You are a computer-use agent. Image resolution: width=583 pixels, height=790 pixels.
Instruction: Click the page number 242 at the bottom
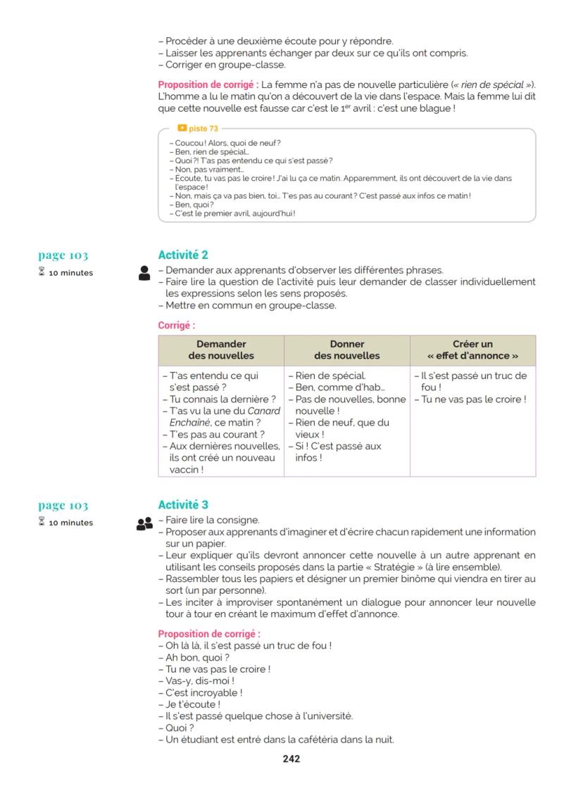(291, 758)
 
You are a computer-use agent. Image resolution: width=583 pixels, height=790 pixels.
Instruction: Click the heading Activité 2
(183, 255)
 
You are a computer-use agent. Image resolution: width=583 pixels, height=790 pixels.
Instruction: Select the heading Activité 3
(183, 504)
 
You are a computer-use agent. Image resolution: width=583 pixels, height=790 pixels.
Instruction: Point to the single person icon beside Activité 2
(144, 274)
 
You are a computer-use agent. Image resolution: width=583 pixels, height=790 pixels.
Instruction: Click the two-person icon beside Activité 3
(144, 523)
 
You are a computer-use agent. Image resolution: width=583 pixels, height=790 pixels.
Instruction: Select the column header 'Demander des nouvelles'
(221, 350)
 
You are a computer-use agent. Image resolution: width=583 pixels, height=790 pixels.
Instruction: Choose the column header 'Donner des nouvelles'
(346, 350)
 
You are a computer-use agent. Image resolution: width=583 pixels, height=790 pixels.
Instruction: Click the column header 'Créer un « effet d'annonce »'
(472, 350)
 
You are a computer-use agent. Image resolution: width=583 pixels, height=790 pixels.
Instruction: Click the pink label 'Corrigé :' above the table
(176, 326)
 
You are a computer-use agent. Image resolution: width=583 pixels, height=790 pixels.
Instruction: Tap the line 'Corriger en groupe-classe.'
(221, 65)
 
